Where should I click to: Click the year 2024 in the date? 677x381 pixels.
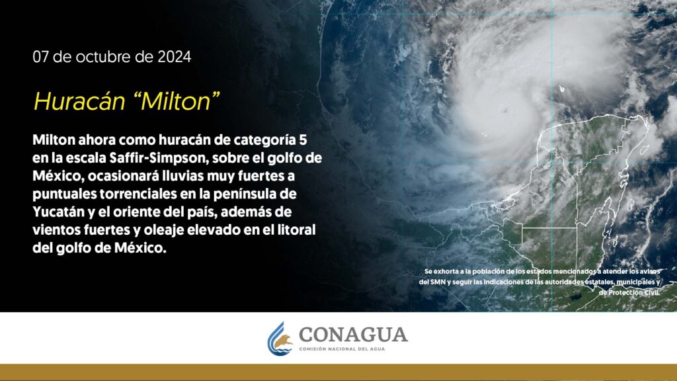174,57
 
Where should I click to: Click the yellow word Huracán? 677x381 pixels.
79,101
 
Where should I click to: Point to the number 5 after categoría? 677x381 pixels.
303,140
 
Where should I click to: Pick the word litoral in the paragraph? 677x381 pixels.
295,230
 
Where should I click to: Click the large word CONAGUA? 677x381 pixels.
353,334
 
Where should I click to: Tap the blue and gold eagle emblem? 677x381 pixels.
280,339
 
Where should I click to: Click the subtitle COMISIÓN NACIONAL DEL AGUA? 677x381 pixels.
342,349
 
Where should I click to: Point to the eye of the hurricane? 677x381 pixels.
504,111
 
